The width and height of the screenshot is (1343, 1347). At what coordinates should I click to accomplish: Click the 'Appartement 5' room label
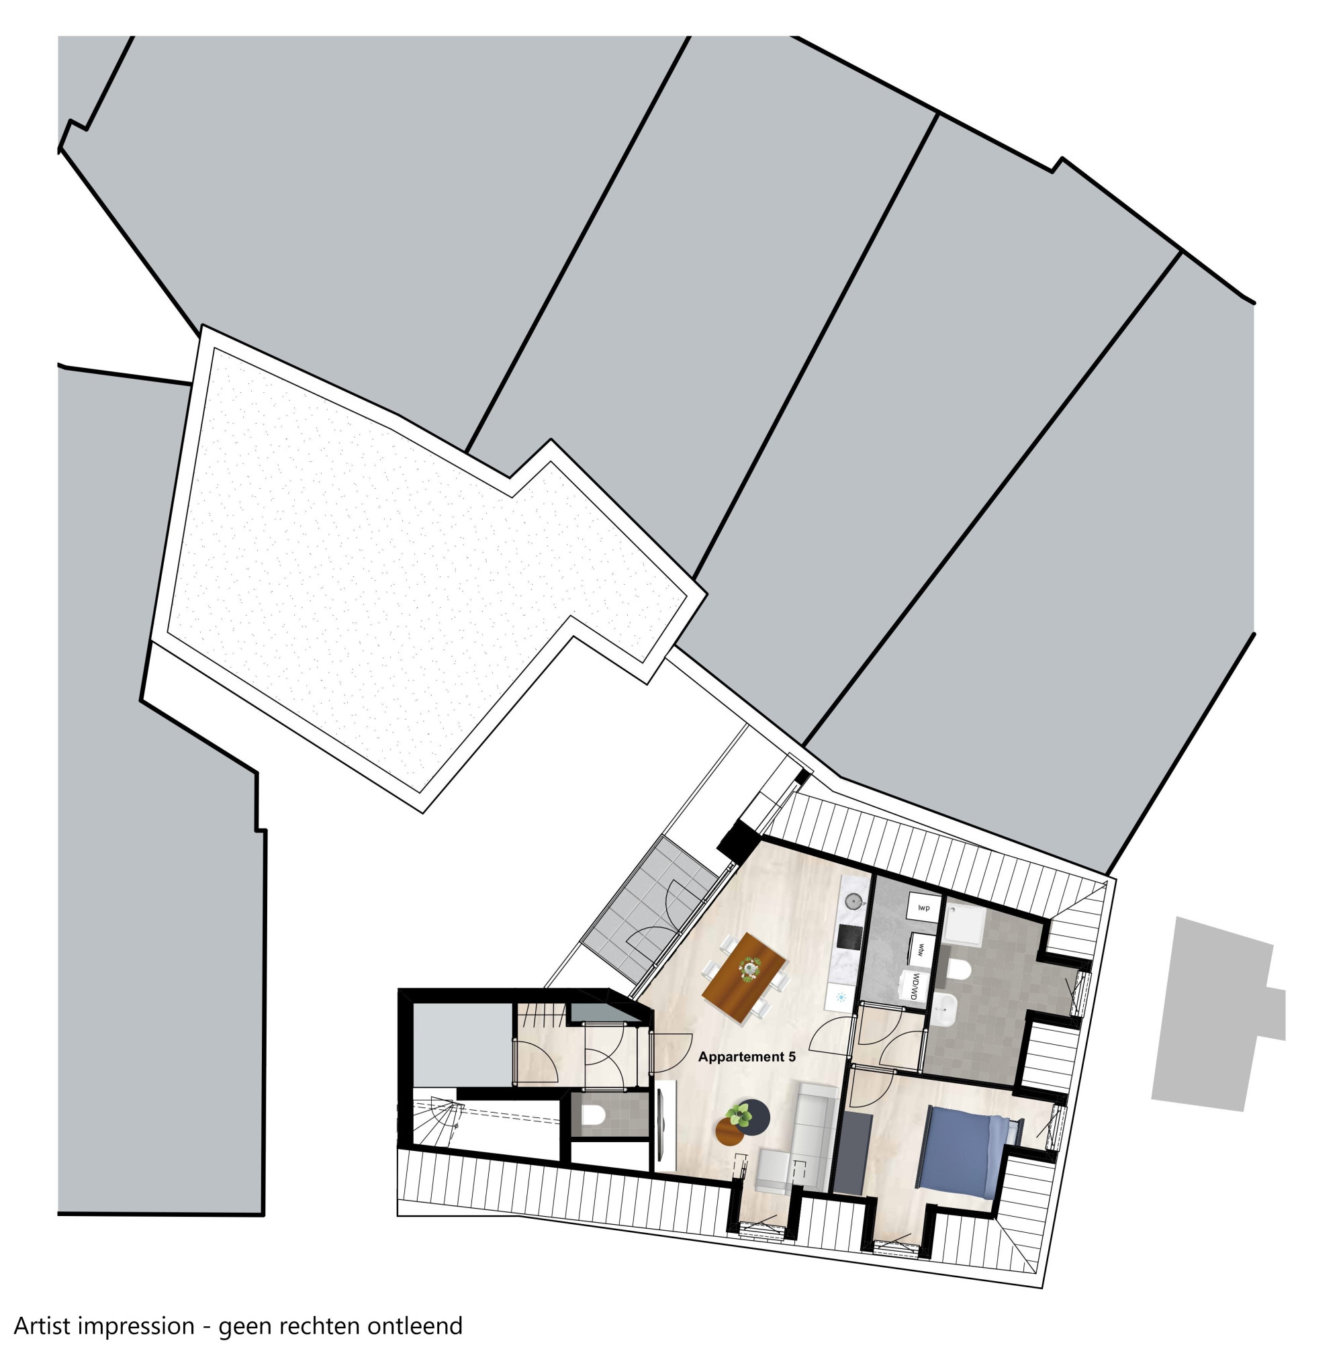pos(747,1057)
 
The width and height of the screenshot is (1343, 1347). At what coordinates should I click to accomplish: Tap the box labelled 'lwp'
pos(924,908)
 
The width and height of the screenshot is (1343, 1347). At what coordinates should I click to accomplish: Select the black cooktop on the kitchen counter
pos(848,936)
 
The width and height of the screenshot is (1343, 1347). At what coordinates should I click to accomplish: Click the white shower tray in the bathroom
pos(963,924)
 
